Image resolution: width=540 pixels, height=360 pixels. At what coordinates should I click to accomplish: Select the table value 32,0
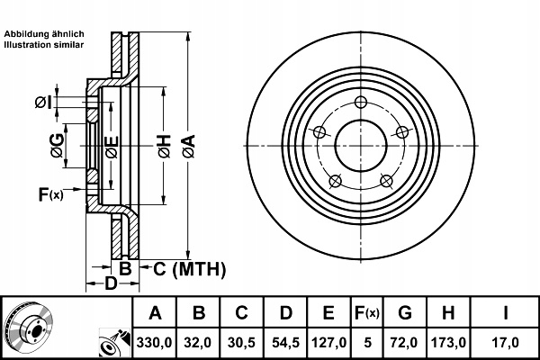pyautogui.click(x=199, y=342)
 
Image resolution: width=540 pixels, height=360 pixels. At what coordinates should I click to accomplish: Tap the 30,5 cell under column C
pyautogui.click(x=242, y=342)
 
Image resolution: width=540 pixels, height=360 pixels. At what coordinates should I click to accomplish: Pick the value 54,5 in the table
pyautogui.click(x=285, y=342)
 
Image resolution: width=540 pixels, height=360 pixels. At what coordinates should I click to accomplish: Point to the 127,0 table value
pyautogui.click(x=328, y=342)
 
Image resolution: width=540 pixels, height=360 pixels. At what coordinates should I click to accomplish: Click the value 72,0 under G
pyautogui.click(x=405, y=342)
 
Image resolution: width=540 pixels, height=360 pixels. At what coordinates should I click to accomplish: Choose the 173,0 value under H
pyautogui.click(x=447, y=342)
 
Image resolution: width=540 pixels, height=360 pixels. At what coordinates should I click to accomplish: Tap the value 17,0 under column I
pyautogui.click(x=507, y=342)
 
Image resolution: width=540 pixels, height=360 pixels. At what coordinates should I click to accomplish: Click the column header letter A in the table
pyautogui.click(x=155, y=314)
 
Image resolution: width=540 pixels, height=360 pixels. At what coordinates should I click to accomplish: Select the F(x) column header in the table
pyautogui.click(x=367, y=314)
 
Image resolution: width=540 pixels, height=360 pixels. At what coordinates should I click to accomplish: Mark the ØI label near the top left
pyautogui.click(x=42, y=103)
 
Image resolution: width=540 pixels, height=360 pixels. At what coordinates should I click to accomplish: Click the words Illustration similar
pyautogui.click(x=45, y=44)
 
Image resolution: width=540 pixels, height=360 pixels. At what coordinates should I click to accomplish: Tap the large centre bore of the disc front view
pyautogui.click(x=359, y=143)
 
